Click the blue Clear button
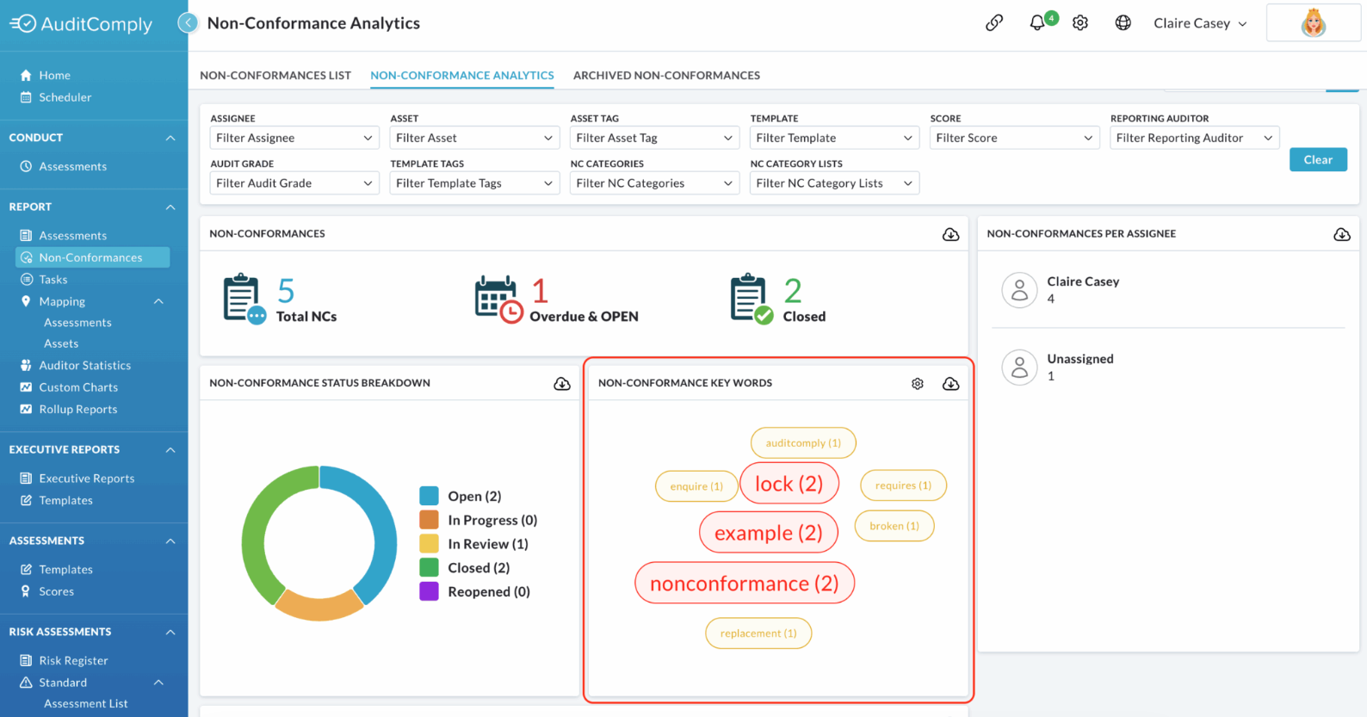tap(1318, 160)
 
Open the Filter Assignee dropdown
tap(294, 138)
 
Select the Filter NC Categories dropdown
tap(653, 183)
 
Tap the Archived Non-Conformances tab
tap(666, 75)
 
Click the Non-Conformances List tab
tap(275, 75)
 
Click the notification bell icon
tap(1036, 23)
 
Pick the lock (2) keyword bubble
tap(789, 483)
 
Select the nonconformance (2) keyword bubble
tap(745, 583)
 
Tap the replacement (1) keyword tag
tap(758, 633)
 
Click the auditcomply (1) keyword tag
tap(803, 442)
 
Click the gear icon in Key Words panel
tap(918, 383)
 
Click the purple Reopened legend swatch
tap(429, 591)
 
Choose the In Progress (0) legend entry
tap(479, 520)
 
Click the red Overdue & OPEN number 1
tap(540, 291)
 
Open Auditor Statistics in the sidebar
tap(85, 365)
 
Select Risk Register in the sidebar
tap(73, 660)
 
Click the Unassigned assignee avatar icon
tap(1019, 368)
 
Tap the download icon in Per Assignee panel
tap(1341, 234)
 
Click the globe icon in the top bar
tap(1123, 23)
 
